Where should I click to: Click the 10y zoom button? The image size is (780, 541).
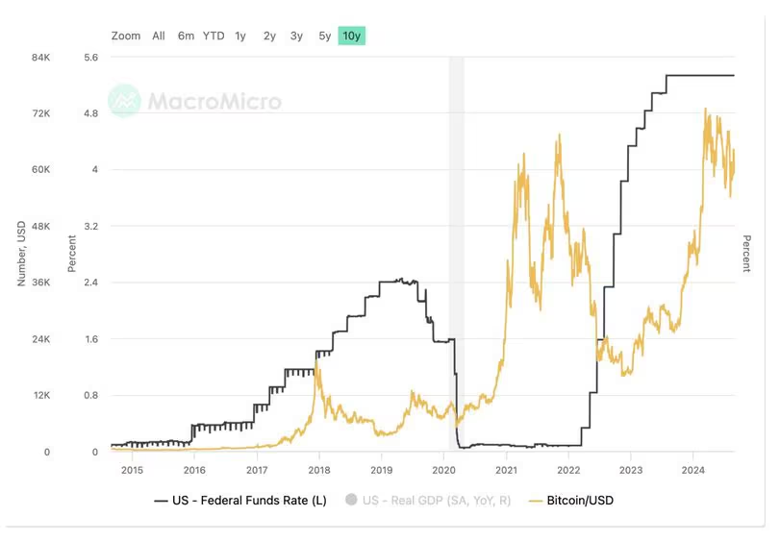pyautogui.click(x=352, y=36)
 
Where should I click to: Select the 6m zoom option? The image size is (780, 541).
pyautogui.click(x=186, y=36)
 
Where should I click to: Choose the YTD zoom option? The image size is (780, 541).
pyautogui.click(x=214, y=36)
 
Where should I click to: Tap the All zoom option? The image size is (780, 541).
pyautogui.click(x=159, y=36)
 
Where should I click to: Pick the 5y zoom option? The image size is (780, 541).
pyautogui.click(x=325, y=36)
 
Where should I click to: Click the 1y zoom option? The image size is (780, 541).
pyautogui.click(x=240, y=36)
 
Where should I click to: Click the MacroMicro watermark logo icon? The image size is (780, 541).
pyautogui.click(x=124, y=100)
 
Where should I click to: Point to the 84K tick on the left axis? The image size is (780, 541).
pyautogui.click(x=41, y=58)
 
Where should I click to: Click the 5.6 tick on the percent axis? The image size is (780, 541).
pyautogui.click(x=91, y=58)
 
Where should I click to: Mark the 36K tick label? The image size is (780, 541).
pyautogui.click(x=41, y=283)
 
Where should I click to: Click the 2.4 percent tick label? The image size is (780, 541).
pyautogui.click(x=91, y=283)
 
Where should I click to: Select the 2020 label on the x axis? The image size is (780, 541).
pyautogui.click(x=443, y=470)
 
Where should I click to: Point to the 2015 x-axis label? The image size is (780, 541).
pyautogui.click(x=132, y=470)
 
